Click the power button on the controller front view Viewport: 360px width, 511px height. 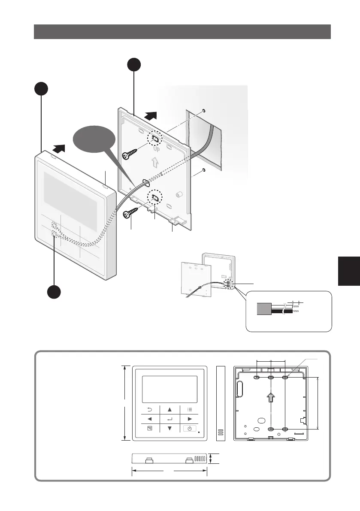click(191, 429)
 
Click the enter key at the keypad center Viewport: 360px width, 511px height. click(169, 418)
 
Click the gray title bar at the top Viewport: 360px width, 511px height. click(182, 32)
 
